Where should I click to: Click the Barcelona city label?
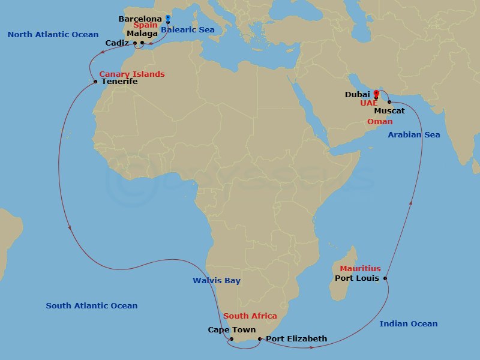(140, 19)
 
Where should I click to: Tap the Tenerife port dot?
(95, 82)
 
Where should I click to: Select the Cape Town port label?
(232, 330)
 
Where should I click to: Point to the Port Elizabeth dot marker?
(260, 339)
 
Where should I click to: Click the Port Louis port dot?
(385, 278)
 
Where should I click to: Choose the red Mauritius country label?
(360, 269)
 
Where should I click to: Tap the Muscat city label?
(389, 111)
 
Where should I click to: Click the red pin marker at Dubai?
(376, 94)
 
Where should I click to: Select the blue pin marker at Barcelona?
(167, 18)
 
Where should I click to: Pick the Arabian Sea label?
(413, 135)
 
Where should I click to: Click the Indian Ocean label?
(409, 324)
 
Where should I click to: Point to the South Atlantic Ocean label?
(92, 306)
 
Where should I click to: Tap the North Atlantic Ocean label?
(53, 35)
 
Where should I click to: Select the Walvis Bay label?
(217, 281)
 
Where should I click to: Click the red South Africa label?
(250, 316)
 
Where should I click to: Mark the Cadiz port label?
(116, 43)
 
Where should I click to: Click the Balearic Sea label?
(188, 30)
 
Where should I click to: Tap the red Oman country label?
(380, 122)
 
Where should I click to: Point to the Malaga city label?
(142, 34)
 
